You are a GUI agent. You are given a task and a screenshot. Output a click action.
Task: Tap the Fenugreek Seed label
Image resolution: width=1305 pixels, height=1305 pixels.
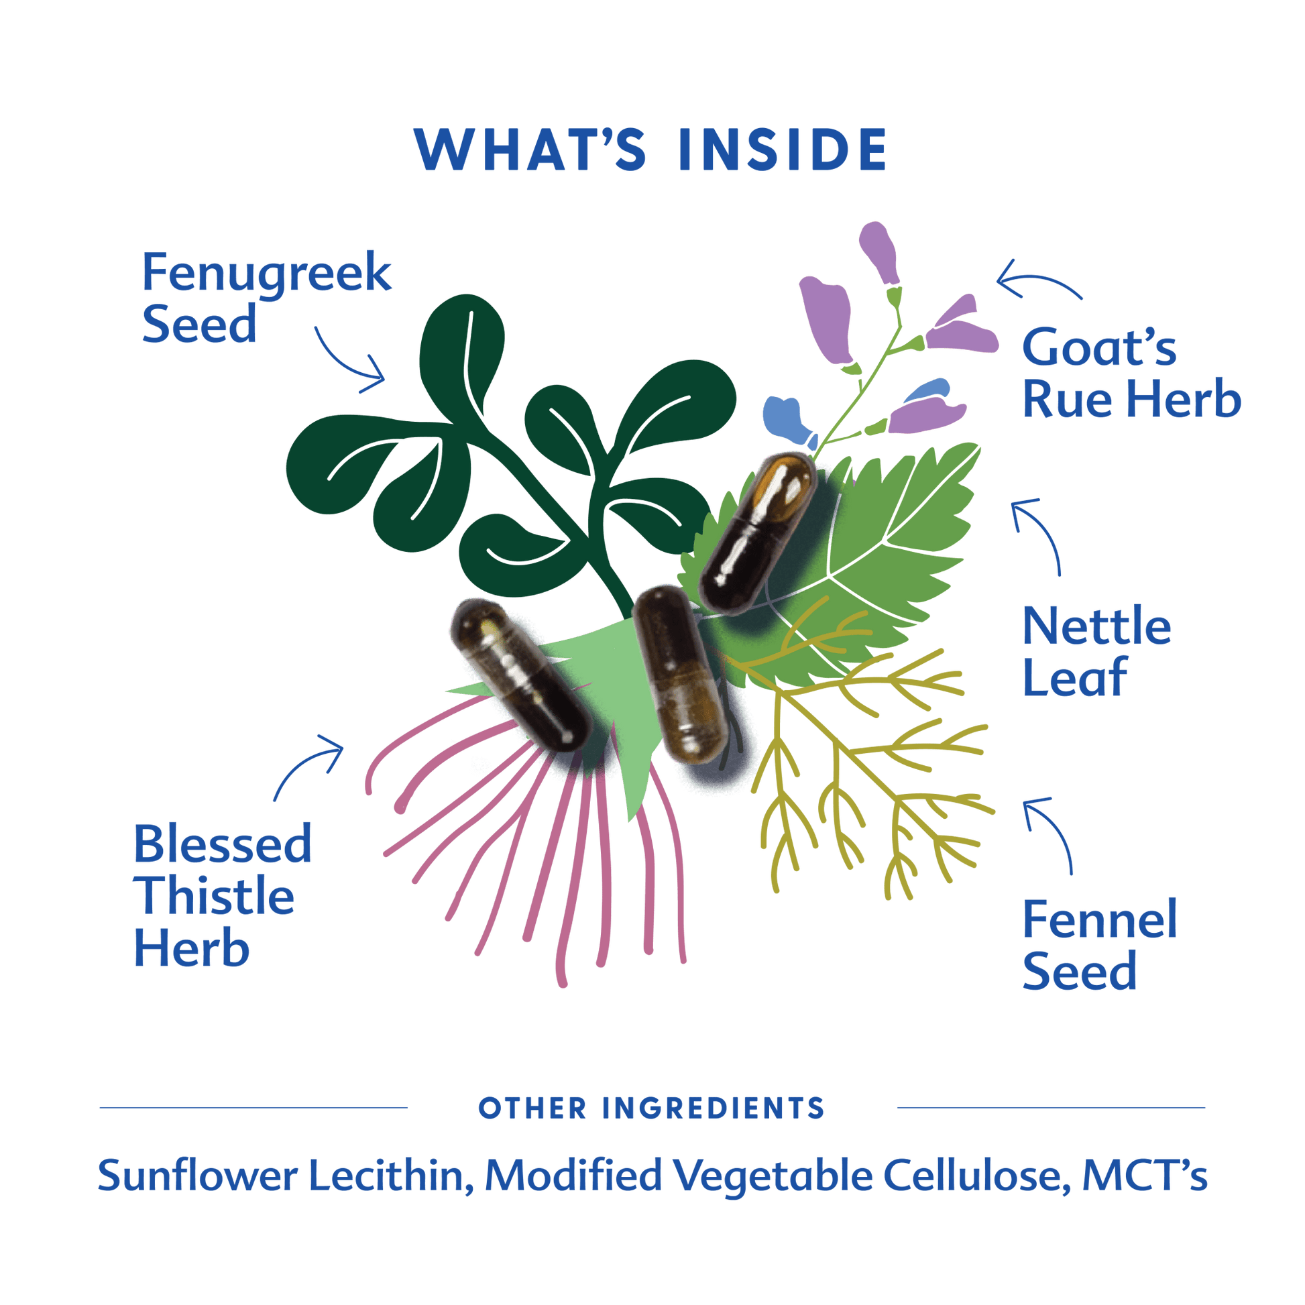click(266, 297)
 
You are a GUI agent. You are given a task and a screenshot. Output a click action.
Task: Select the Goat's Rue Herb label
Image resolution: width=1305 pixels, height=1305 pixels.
click(1131, 373)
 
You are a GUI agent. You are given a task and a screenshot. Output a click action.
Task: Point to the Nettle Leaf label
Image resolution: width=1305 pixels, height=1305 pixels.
click(1096, 651)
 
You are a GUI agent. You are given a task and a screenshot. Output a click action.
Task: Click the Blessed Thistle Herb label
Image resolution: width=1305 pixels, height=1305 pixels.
click(222, 895)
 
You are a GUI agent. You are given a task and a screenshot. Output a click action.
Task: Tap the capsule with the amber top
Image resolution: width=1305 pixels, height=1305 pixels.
click(757, 533)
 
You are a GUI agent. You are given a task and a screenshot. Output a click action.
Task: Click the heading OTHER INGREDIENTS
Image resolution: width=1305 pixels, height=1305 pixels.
click(652, 1109)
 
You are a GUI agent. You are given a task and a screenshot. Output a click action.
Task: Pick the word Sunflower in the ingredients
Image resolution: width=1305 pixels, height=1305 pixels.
click(197, 1176)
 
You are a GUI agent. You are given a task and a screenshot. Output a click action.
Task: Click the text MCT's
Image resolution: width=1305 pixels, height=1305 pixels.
click(1145, 1176)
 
